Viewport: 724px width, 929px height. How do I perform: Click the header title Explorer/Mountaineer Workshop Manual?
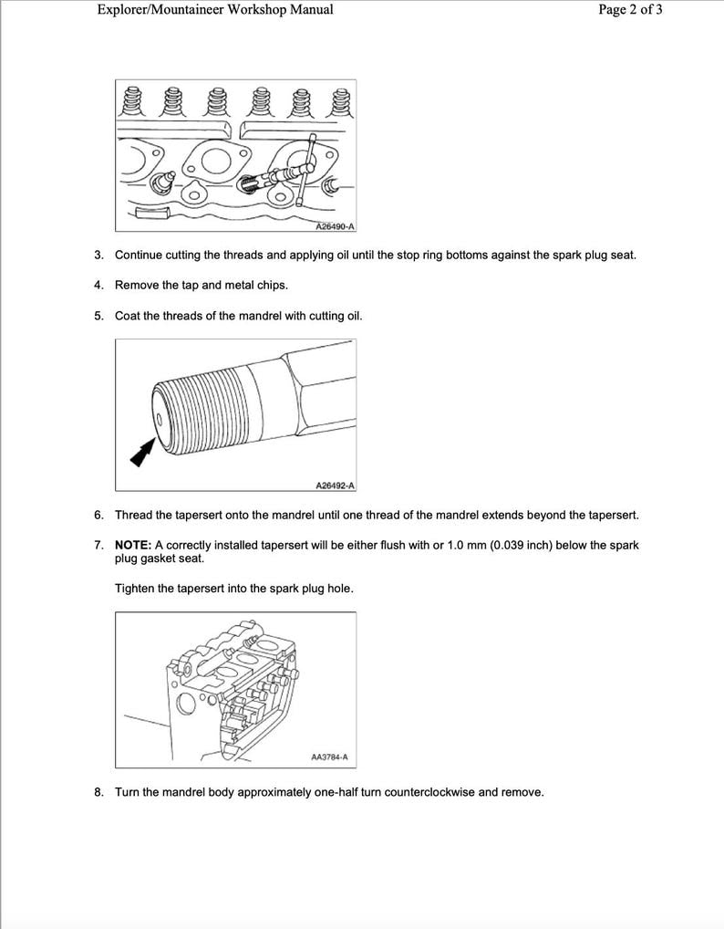coord(214,10)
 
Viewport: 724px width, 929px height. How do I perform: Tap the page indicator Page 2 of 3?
coord(630,10)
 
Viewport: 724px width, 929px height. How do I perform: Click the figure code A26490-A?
coord(335,225)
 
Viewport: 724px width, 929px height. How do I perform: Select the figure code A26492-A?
coord(335,485)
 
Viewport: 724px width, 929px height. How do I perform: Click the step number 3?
coord(98,256)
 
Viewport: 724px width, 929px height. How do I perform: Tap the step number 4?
coord(98,286)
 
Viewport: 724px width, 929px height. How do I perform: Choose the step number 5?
coord(98,316)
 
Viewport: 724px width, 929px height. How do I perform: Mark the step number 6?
coord(98,516)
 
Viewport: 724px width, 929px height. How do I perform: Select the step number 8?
coord(98,792)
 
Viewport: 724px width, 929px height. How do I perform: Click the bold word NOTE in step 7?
coord(133,546)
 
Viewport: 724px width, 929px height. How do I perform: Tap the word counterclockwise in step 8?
coord(429,792)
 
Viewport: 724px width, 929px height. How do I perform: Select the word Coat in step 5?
coord(129,316)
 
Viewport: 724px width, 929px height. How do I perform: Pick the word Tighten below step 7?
coord(136,589)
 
